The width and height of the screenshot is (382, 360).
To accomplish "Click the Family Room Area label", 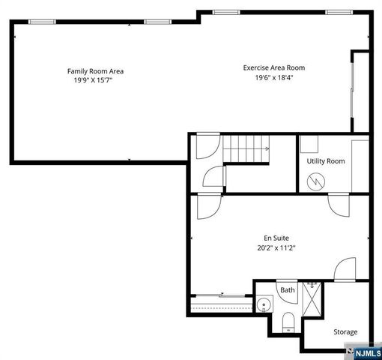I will tap(95, 71).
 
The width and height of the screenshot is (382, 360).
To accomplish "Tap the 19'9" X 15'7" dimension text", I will tap(95, 81).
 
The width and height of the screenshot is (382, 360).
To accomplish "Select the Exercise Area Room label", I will tap(273, 67).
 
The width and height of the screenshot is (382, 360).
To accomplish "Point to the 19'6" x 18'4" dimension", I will tap(273, 77).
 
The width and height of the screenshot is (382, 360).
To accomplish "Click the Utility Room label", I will tap(325, 161).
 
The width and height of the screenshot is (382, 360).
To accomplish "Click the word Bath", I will tap(287, 290).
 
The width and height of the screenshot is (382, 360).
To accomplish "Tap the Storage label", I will tap(345, 331).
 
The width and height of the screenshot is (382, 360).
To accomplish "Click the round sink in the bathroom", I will tap(264, 304).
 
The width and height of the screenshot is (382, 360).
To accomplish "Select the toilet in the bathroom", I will tap(289, 323).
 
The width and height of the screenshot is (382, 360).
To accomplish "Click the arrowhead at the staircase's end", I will tap(267, 148).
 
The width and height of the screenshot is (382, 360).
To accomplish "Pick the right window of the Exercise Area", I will tap(337, 12).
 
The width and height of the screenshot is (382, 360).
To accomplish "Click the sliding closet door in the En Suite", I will tap(221, 295).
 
